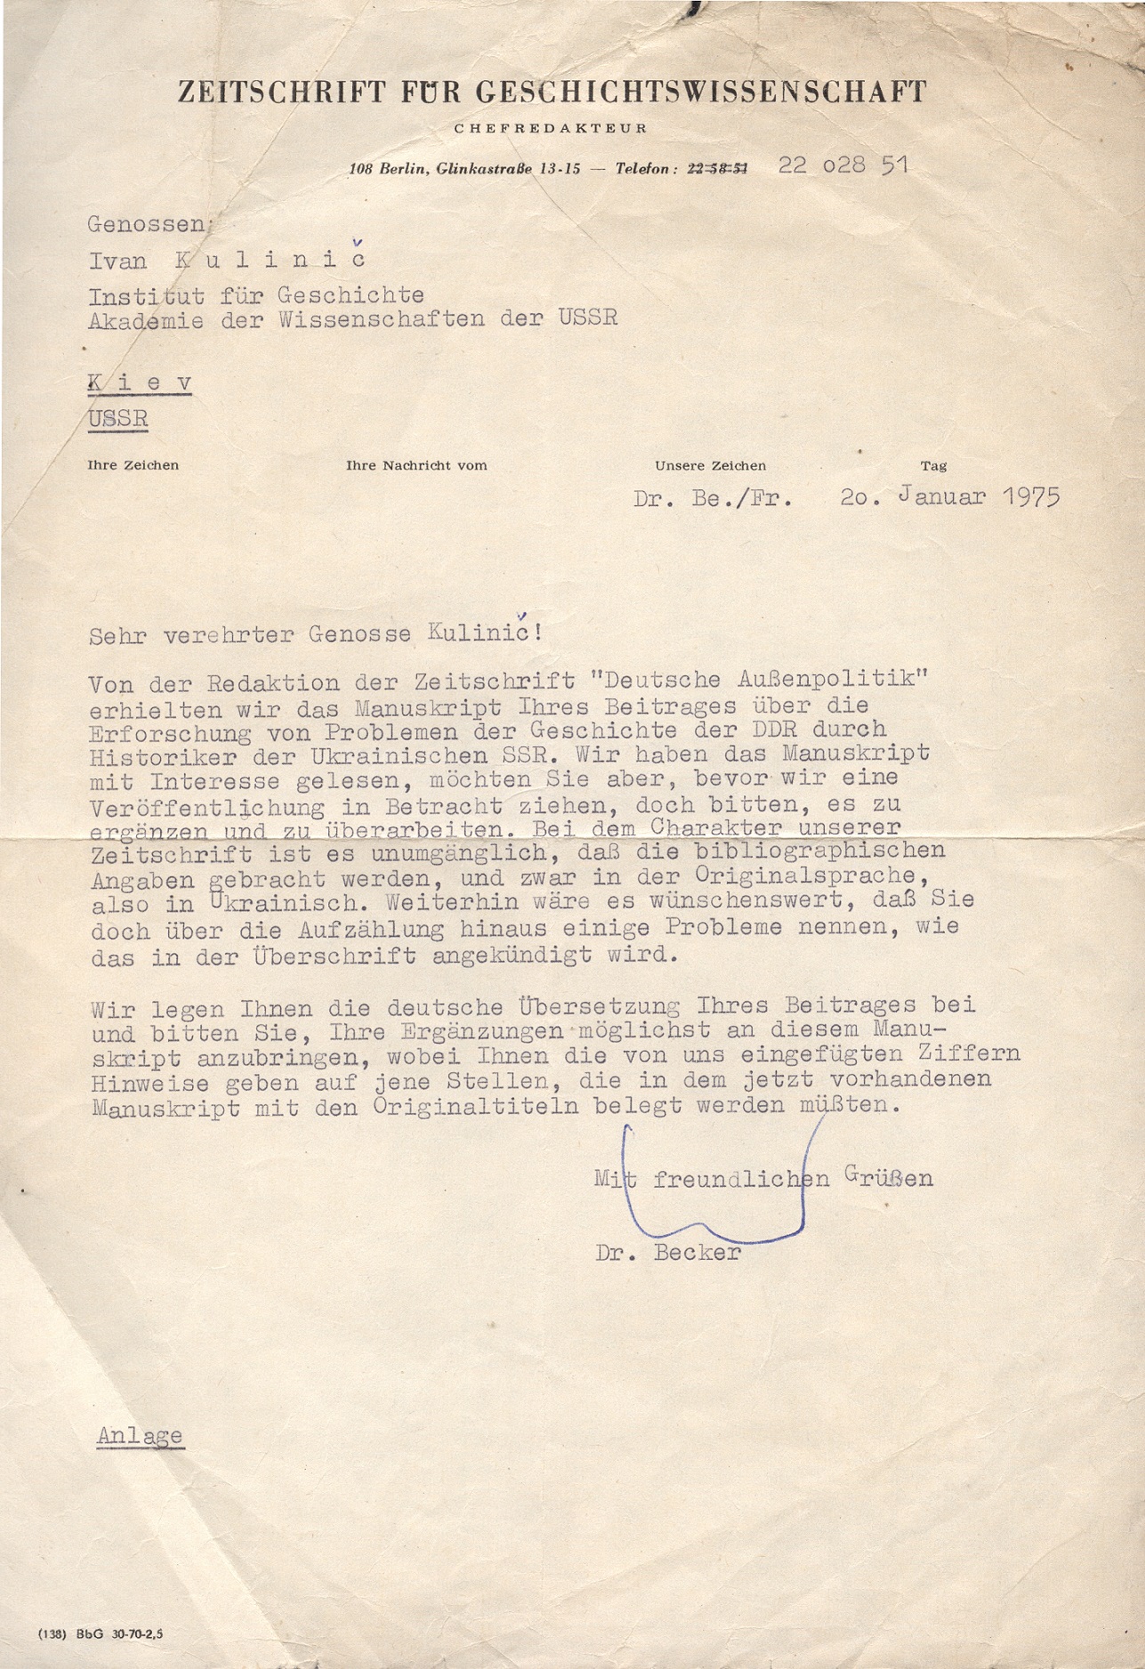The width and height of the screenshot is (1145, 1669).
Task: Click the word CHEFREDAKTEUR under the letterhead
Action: point(551,128)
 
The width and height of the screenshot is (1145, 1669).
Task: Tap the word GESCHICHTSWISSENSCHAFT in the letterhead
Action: point(702,92)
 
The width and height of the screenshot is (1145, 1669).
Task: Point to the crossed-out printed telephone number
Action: point(717,168)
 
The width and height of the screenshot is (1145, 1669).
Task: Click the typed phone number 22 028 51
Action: point(843,165)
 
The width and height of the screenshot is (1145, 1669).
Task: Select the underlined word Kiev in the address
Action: point(140,383)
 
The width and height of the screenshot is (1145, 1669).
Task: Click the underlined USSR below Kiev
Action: point(117,418)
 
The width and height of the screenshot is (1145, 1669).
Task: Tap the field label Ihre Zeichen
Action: point(133,465)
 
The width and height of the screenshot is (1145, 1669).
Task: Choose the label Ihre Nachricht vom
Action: point(416,465)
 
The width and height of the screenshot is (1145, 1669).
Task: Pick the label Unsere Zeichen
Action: point(710,465)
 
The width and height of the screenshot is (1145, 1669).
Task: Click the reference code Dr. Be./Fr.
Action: point(713,498)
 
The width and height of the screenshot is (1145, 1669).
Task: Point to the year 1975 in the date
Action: point(1032,496)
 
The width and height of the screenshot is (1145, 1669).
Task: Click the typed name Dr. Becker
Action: point(668,1253)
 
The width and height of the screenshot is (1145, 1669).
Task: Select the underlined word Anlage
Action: point(140,1436)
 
